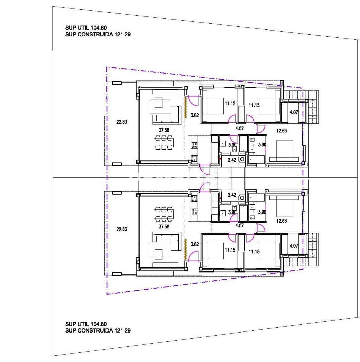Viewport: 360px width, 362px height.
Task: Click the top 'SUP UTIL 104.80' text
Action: click(86, 28)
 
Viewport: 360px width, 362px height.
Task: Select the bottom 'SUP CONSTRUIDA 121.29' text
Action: click(98, 330)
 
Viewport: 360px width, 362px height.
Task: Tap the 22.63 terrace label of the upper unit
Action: click(122, 122)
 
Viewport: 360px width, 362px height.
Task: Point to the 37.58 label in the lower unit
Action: click(164, 227)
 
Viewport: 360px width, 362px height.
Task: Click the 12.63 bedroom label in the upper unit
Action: click(282, 131)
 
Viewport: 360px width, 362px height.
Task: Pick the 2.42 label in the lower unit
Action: click(232, 195)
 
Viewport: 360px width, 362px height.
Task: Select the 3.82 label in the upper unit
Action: click(195, 115)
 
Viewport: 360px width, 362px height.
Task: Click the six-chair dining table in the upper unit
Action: click(164, 143)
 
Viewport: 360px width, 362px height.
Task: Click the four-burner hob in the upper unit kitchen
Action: click(194, 145)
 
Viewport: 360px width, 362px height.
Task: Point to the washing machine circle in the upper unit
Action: click(242, 159)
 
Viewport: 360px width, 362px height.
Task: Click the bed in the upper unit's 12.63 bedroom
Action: click(285, 150)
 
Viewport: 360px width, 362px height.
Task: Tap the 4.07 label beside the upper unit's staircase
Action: click(294, 112)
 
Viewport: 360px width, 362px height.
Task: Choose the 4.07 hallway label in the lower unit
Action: click(240, 226)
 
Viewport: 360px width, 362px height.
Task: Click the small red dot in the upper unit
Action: click(220, 159)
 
